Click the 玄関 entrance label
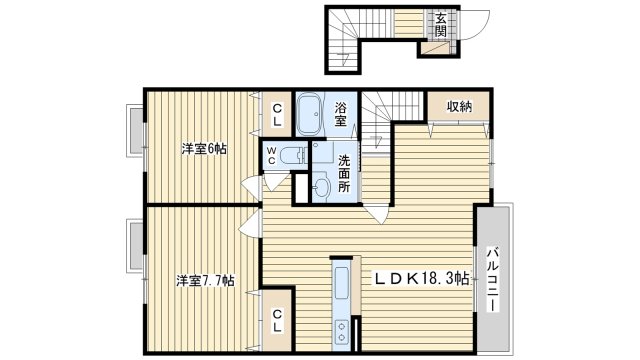pos(440,24)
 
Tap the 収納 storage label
pos(459,107)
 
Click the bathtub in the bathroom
pos(309,114)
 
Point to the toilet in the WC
pos(293,156)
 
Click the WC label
pos(271,156)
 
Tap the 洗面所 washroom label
pos(344,173)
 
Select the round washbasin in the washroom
pos(322,187)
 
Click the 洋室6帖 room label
pos(204,149)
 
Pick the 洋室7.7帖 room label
pos(205,281)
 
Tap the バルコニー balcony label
pos(493,279)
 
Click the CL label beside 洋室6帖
pos(277,114)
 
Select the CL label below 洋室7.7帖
pos(277,320)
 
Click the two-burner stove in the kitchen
pos(341,331)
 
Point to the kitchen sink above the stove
pos(341,282)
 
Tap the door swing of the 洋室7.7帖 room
pos(250,224)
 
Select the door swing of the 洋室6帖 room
pos(251,188)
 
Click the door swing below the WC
pos(276,181)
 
